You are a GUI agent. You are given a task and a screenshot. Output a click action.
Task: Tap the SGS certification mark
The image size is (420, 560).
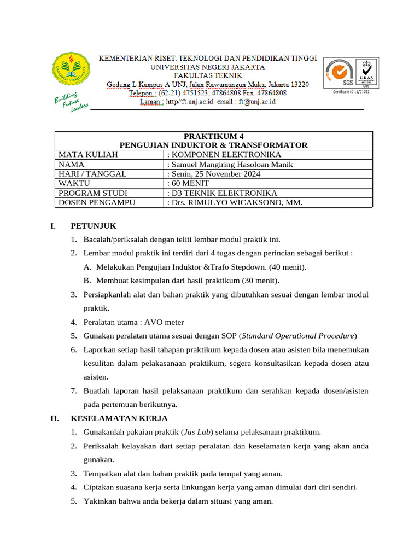click(340, 73)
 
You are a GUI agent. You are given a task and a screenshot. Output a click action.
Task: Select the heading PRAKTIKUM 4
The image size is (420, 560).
click(214, 136)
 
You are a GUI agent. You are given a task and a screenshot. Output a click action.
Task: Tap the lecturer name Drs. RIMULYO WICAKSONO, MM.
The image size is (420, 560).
click(234, 202)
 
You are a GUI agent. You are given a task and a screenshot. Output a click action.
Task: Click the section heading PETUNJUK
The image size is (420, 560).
click(94, 226)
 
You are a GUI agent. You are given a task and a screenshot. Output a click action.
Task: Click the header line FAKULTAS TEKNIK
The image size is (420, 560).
click(208, 76)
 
